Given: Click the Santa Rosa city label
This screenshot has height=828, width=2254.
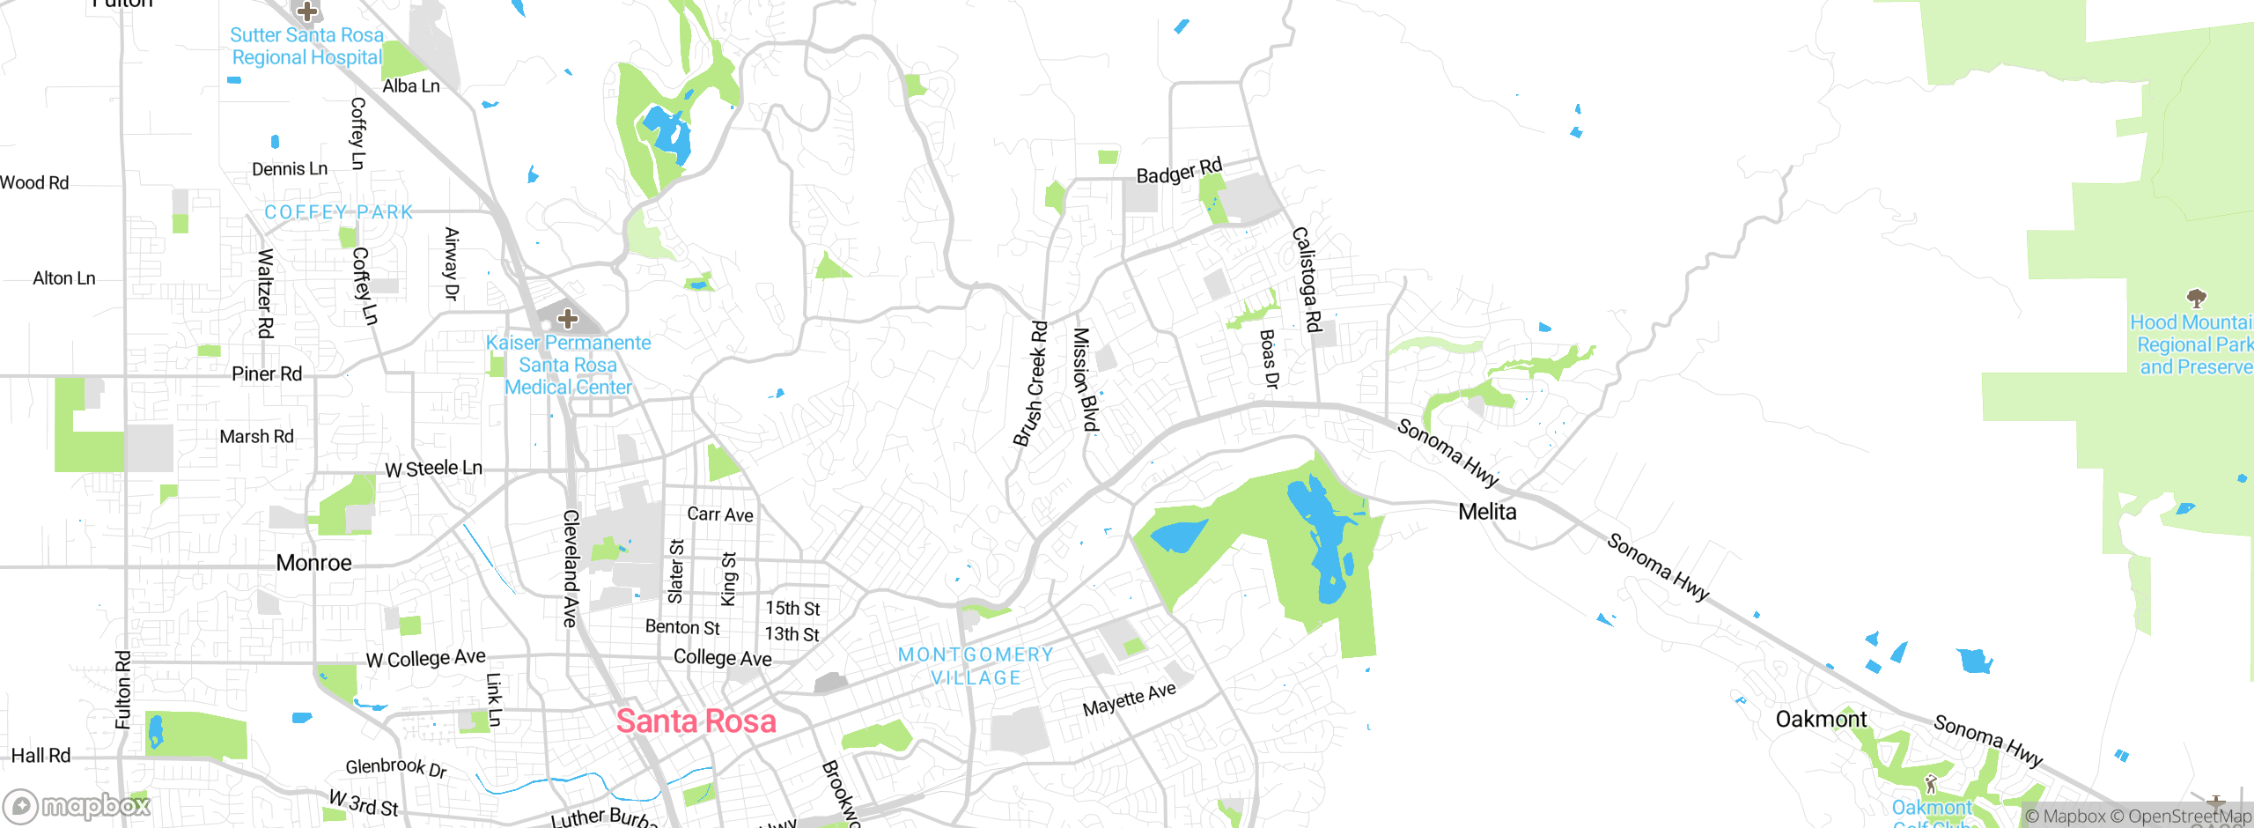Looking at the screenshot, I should (x=696, y=721).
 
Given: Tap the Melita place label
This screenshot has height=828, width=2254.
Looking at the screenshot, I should (x=1487, y=512).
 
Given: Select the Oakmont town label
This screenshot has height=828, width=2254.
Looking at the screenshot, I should (x=1820, y=720).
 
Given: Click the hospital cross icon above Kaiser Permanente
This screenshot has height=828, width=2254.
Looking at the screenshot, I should (x=568, y=318).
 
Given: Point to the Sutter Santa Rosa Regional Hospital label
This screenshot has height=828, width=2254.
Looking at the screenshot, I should (x=306, y=47).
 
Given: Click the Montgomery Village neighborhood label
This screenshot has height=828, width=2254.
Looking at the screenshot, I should (x=976, y=666).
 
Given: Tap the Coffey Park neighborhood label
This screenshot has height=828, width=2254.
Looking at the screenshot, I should (x=339, y=212).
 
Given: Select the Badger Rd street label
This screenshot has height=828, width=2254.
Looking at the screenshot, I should (x=1179, y=171).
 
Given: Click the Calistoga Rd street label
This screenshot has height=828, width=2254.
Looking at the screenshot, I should (x=1307, y=279).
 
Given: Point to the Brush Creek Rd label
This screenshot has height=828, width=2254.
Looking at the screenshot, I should (x=1030, y=384).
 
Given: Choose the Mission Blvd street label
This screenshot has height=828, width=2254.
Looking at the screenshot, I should (x=1085, y=380).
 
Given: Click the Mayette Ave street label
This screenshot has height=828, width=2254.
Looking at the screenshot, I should (x=1129, y=699).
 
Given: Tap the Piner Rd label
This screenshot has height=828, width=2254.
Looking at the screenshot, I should (x=267, y=374).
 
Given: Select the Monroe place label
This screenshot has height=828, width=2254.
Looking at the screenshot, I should (x=313, y=563).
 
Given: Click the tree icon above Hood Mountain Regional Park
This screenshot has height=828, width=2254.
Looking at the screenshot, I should (x=2196, y=297).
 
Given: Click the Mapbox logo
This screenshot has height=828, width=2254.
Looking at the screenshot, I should (x=77, y=806).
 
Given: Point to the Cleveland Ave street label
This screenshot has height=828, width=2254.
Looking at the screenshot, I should (x=571, y=568).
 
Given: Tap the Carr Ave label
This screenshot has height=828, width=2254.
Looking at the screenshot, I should (x=719, y=514).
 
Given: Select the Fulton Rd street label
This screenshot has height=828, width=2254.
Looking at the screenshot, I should (x=123, y=690).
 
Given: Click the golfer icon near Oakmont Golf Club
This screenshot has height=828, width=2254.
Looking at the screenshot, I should (x=1930, y=782).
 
